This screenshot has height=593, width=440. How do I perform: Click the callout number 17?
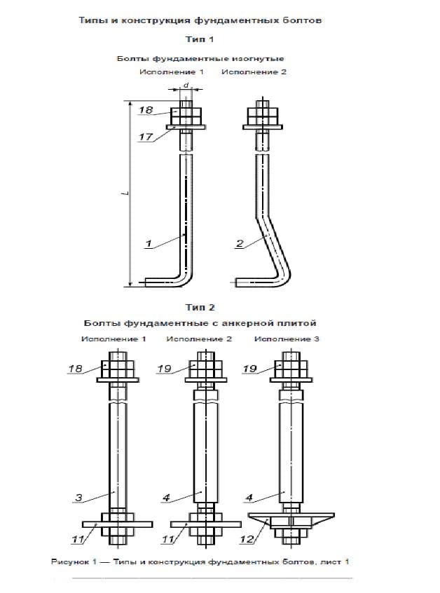tap(146, 137)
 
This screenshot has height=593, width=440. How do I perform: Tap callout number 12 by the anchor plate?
tap(247, 539)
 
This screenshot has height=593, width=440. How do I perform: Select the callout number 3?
tap(78, 497)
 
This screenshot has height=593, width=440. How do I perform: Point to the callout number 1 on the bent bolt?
tap(149, 243)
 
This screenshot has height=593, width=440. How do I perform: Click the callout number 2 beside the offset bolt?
tap(240, 243)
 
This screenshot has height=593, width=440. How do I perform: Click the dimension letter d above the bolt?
tap(186, 86)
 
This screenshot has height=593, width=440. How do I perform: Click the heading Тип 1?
tap(200, 39)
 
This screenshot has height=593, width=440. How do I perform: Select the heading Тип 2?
tap(200, 307)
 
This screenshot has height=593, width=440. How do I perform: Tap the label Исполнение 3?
tap(287, 339)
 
